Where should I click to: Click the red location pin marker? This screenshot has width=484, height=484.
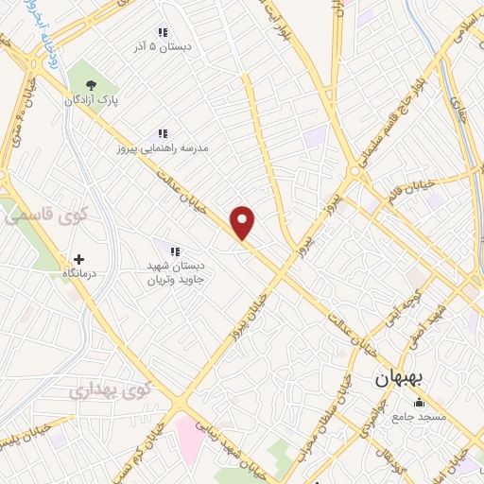click(243, 222)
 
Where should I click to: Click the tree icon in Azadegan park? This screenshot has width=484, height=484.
click(91, 84)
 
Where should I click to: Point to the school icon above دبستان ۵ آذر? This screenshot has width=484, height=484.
click(162, 30)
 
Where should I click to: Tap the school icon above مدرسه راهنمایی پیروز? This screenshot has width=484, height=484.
click(162, 134)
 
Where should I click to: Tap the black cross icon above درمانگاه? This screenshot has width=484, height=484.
click(78, 259)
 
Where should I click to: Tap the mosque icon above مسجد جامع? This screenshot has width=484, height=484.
click(419, 403)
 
